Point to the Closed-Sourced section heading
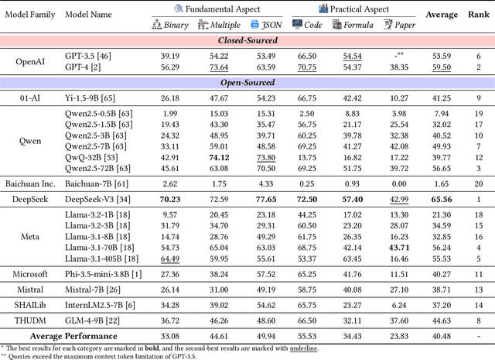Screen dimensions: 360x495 [247, 40]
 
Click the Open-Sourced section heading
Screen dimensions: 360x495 [247, 83]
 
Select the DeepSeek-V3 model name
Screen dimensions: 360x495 [102, 199]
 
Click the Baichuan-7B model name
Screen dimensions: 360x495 [100, 183]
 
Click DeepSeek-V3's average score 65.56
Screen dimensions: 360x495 [442, 199]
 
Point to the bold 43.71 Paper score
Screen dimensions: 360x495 [400, 247]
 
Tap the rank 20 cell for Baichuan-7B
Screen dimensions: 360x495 [479, 183]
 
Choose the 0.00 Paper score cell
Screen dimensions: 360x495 [400, 183]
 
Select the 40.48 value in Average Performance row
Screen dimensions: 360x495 [442, 336]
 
